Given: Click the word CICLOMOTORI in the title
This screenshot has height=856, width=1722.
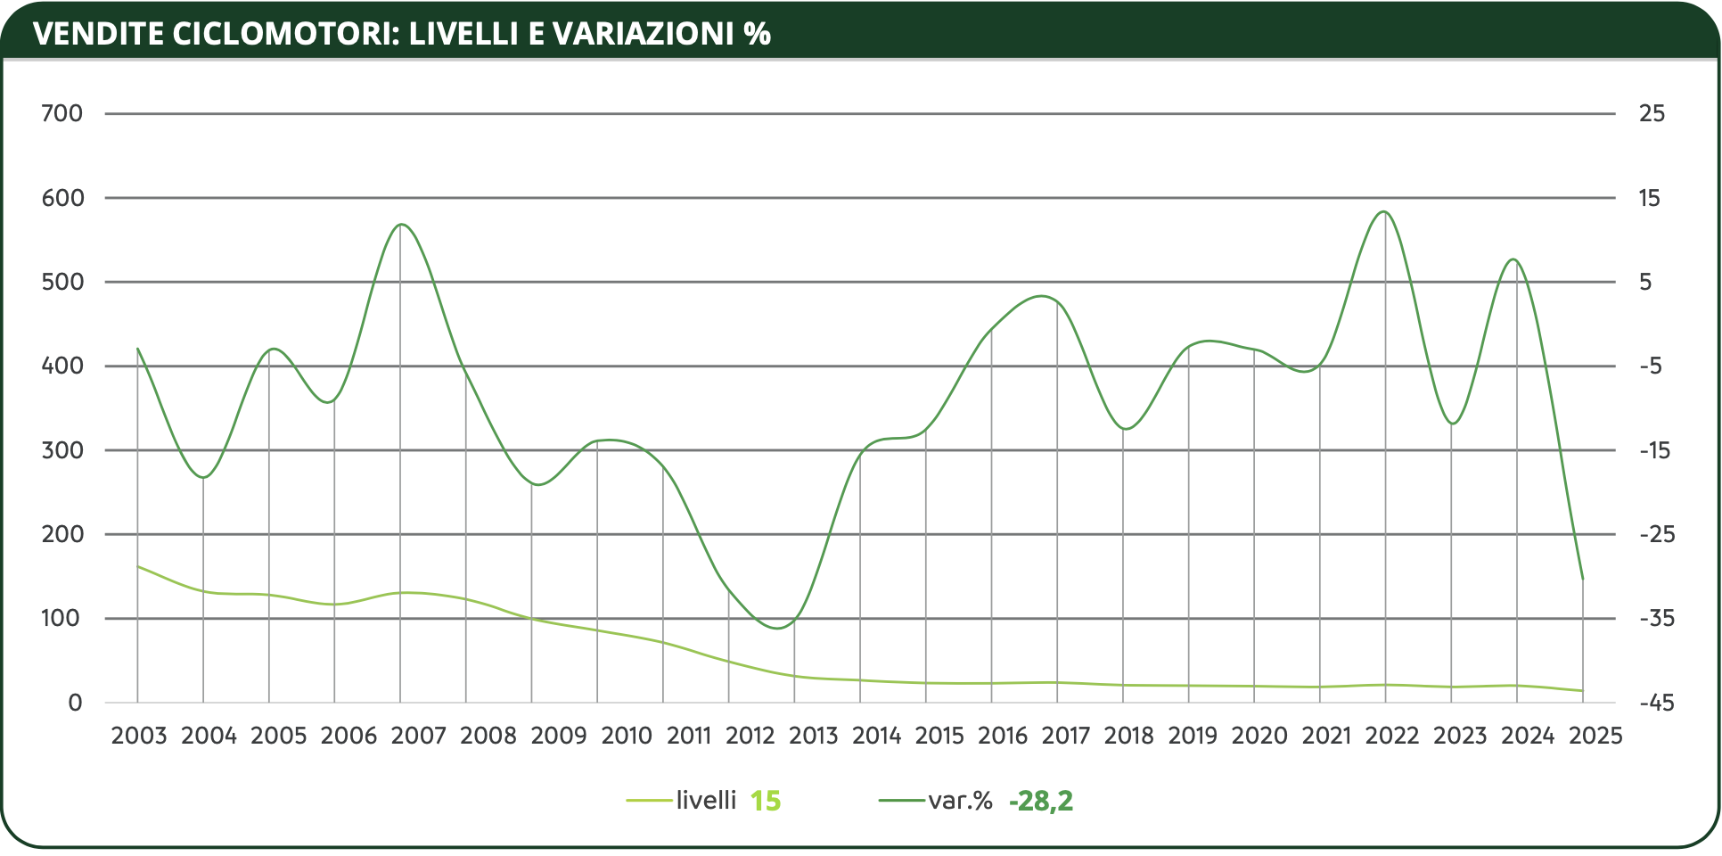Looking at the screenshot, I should click(x=284, y=34).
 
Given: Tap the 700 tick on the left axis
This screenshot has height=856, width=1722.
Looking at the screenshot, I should click(x=61, y=113).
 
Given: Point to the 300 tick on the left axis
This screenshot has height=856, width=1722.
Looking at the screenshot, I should click(x=61, y=450).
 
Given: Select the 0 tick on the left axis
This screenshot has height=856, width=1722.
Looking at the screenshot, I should click(x=75, y=703).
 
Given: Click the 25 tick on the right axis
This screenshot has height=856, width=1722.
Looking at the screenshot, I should click(x=1652, y=113).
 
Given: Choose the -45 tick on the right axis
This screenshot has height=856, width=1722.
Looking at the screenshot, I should click(x=1657, y=703).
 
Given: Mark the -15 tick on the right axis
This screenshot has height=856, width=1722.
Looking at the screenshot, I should click(x=1655, y=450).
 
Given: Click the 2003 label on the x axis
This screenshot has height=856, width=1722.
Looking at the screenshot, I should click(x=138, y=736).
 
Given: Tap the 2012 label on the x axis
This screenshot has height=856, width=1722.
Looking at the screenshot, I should click(x=750, y=736).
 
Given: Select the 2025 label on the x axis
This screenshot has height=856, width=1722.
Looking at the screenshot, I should click(x=1595, y=736).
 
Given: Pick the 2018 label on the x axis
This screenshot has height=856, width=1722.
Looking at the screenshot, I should click(x=1128, y=736).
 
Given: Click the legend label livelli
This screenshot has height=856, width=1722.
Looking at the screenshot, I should click(x=706, y=800).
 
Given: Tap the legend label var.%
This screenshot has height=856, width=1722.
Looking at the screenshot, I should click(x=960, y=800).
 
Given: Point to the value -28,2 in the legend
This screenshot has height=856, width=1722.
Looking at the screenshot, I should click(x=1040, y=801).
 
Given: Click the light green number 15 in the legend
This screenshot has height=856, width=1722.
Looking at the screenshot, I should click(x=765, y=801).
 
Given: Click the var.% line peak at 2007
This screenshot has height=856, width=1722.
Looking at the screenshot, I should click(x=401, y=224).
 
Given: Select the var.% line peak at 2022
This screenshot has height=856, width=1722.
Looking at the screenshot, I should click(x=1383, y=211).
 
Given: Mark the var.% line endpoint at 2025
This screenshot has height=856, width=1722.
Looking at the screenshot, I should click(x=1583, y=580).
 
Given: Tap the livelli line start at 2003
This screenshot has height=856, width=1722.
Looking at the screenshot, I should click(x=138, y=566).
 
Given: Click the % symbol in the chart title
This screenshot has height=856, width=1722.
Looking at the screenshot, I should click(x=757, y=34).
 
